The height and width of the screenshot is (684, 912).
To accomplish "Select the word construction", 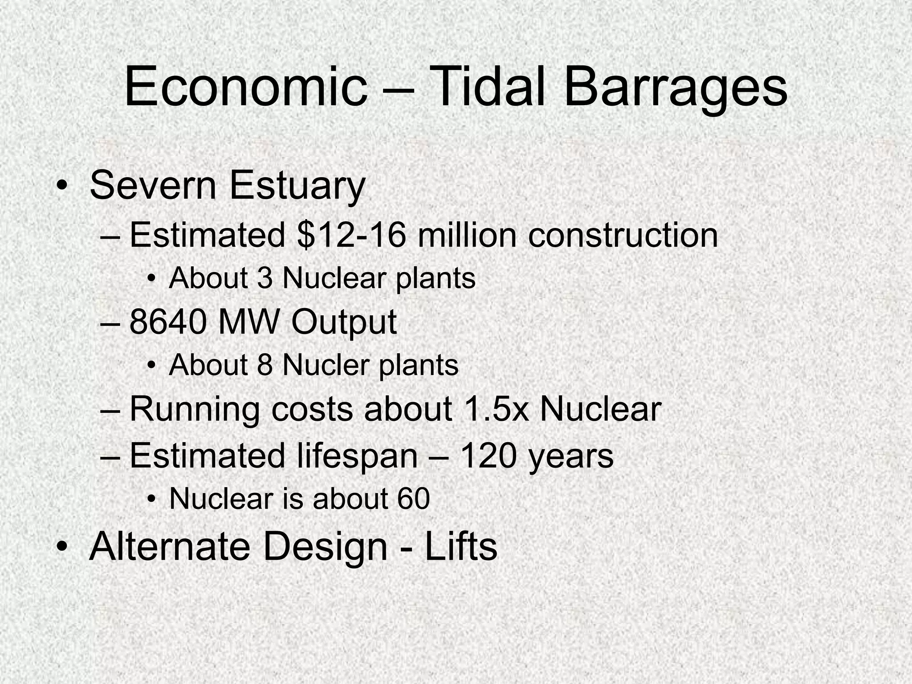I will (623, 235).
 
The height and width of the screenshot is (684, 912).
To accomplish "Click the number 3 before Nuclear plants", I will (265, 278).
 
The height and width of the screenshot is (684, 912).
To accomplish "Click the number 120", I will (487, 456).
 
